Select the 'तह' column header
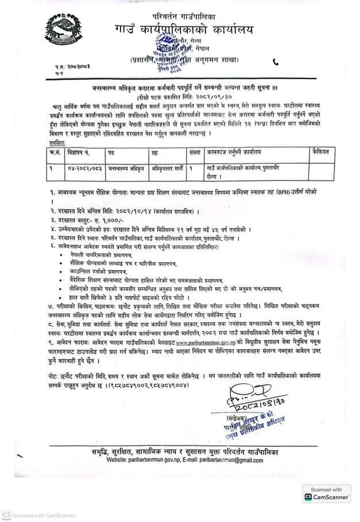pos(154,152)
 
